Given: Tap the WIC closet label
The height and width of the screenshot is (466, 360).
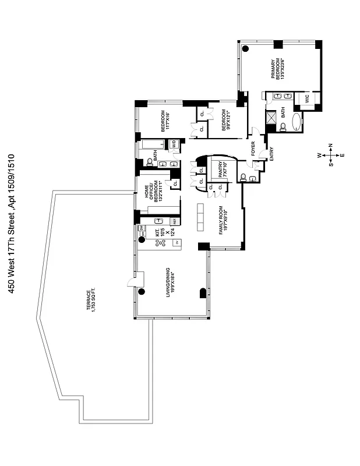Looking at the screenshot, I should pyautogui.click(x=307, y=100).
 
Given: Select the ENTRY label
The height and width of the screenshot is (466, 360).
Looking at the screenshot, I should pyautogui.click(x=271, y=153).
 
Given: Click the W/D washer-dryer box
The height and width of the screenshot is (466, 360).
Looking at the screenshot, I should pyautogui.click(x=173, y=144).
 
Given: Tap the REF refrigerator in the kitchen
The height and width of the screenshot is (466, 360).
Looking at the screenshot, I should pyautogui.click(x=173, y=221).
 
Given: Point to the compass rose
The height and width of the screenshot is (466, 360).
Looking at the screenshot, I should pyautogui.click(x=330, y=154).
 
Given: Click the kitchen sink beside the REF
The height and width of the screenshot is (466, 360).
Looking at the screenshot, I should pyautogui.click(x=158, y=221).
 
